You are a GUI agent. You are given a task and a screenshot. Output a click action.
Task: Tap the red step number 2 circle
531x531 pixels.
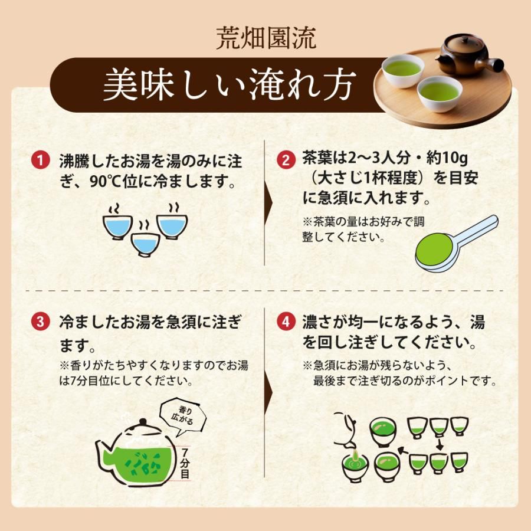point(286,161)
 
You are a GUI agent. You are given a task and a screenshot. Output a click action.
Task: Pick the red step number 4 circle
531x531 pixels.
point(286,322)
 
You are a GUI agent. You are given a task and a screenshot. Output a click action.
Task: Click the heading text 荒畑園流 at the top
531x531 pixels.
point(265,39)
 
